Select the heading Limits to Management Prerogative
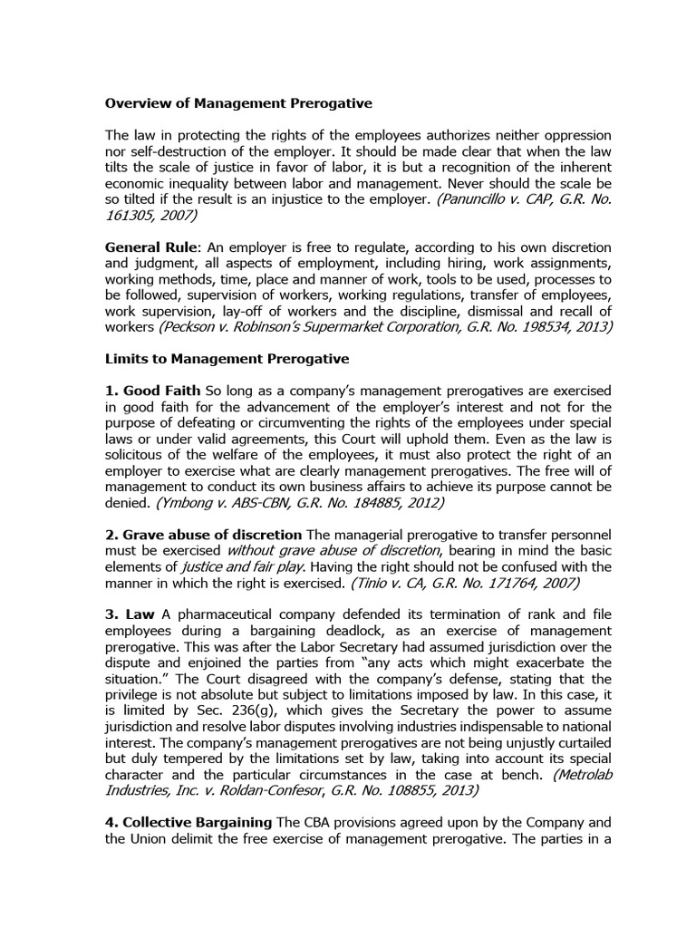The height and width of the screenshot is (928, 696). pyautogui.click(x=227, y=359)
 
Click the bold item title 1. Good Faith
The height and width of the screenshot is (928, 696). pyautogui.click(x=153, y=390)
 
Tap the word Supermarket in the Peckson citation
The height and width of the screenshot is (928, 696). pyautogui.click(x=353, y=327)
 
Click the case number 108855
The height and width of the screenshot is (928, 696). pyautogui.click(x=401, y=790)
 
